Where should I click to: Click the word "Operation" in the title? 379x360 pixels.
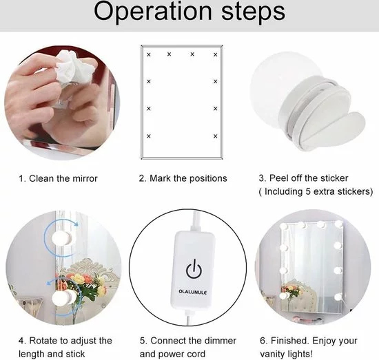click(153, 12)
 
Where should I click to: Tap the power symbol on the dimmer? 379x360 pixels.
click(194, 268)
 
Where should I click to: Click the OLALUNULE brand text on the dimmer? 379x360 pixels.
click(193, 292)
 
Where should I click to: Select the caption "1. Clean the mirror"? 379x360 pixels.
click(58, 179)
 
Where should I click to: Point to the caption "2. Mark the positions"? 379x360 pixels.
click(183, 178)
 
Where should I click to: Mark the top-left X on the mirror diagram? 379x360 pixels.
click(149, 55)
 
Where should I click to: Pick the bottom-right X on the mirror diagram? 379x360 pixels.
click(216, 136)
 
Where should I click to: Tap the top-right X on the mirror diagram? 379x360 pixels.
click(216, 55)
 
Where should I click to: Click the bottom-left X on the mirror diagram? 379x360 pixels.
click(149, 136)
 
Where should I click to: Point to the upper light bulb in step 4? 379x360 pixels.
click(62, 238)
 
